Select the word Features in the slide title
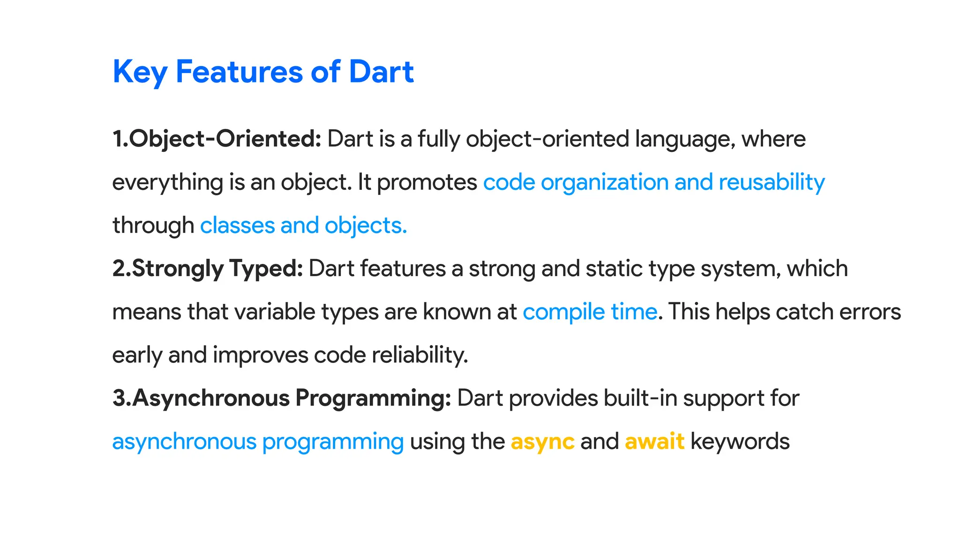click(239, 72)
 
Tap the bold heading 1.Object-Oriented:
click(217, 139)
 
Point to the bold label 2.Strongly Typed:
click(208, 269)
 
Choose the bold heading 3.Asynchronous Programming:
click(282, 398)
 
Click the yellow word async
click(542, 442)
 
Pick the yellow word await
click(654, 442)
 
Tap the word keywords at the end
click(740, 442)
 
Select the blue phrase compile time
click(590, 312)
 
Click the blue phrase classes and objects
click(303, 226)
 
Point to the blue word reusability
click(772, 182)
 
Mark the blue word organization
click(605, 182)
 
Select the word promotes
click(427, 182)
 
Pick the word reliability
click(420, 355)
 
